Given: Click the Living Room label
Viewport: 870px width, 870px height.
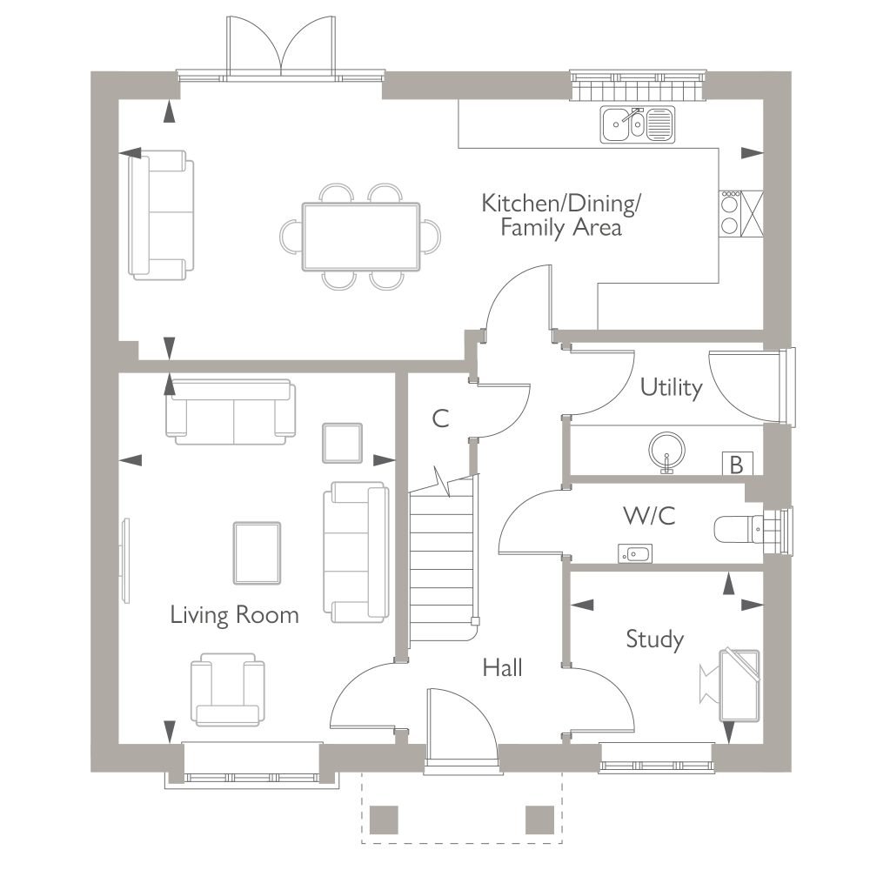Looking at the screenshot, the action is [234, 615].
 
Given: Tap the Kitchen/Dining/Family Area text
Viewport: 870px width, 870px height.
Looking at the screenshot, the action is [561, 215].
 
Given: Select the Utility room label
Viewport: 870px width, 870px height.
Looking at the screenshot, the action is [672, 387].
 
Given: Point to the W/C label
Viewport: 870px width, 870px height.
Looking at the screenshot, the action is [650, 515].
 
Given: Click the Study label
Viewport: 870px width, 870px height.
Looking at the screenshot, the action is [655, 639].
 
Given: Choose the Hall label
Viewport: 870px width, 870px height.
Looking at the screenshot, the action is [502, 667].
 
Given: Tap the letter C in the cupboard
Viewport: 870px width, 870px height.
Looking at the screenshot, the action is [440, 418].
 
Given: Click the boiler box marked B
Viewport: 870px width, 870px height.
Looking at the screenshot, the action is [738, 464].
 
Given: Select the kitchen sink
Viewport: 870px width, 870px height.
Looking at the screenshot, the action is [638, 124].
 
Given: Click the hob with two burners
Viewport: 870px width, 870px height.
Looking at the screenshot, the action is [730, 214].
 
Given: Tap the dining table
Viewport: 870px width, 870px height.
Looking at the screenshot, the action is [361, 237].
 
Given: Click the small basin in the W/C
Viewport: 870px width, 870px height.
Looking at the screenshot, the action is [635, 553].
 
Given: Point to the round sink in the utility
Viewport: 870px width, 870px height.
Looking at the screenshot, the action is [666, 450].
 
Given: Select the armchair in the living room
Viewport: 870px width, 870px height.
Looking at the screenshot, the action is [227, 689].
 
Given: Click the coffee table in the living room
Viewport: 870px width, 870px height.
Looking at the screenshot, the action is [257, 553].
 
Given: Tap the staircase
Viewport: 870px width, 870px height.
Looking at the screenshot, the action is [443, 560].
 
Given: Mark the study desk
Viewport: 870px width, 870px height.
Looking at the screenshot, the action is [739, 686].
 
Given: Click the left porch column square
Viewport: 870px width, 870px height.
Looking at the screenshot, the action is [384, 820].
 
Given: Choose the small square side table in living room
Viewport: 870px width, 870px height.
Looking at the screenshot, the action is [342, 443].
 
